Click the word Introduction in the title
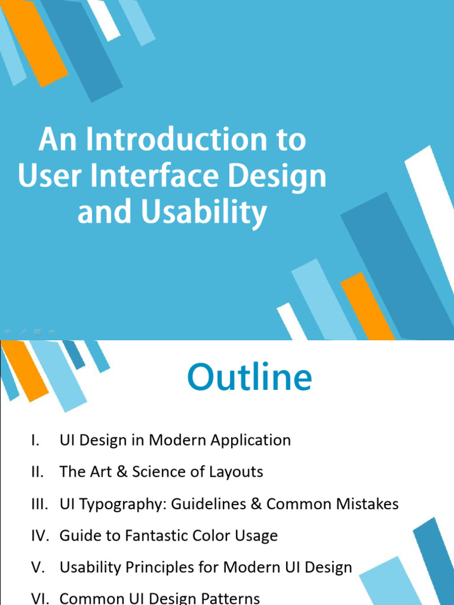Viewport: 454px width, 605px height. click(175, 141)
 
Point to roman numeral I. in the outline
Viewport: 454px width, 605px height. click(36, 440)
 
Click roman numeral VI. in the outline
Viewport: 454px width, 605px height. click(40, 598)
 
